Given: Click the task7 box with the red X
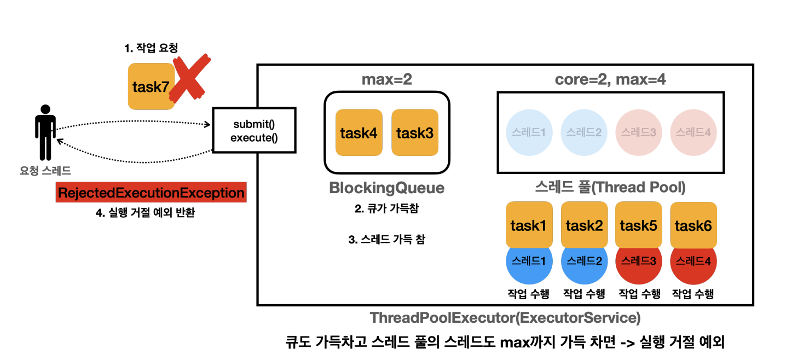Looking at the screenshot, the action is [x=151, y=86].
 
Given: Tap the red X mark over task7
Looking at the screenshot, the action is [x=190, y=78].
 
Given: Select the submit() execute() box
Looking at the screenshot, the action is [x=255, y=130].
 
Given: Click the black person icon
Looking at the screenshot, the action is [x=45, y=132].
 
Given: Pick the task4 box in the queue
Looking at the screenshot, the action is [x=359, y=132].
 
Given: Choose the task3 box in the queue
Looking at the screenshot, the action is [x=415, y=132].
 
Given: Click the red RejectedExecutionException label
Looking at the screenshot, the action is [x=151, y=192].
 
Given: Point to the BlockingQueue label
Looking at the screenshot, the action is [x=386, y=188].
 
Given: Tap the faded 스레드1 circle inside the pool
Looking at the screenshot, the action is [x=529, y=132].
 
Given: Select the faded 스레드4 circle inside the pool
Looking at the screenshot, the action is [x=693, y=132].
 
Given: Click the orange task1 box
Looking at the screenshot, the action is [x=529, y=224].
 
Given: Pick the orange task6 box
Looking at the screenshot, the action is [x=693, y=225].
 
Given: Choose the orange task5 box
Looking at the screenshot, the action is [x=639, y=224].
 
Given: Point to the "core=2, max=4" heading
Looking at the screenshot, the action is [x=610, y=80].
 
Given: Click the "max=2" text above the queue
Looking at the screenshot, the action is [x=386, y=80].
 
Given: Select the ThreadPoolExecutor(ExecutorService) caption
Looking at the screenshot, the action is [x=505, y=318].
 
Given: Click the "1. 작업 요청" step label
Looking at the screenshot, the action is [x=151, y=48].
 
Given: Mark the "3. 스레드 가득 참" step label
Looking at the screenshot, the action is [x=386, y=240].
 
